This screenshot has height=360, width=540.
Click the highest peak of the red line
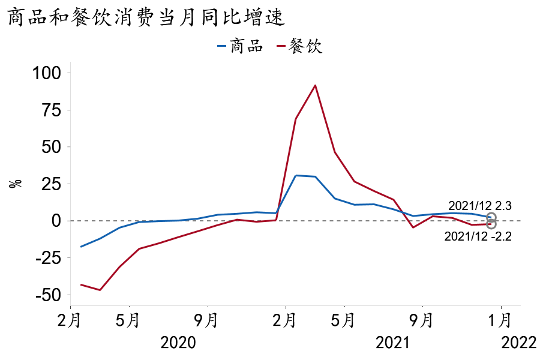click(315, 85)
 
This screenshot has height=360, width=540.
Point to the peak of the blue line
click(295, 176)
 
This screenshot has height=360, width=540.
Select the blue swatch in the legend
click(221, 46)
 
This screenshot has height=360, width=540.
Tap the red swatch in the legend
click(281, 46)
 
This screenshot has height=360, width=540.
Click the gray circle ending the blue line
click(491, 217)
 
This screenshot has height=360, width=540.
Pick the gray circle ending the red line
click(491, 224)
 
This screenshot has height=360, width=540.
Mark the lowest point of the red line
click(100, 290)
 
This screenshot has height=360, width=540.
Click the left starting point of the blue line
click(80, 247)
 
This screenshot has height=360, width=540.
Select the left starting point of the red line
click(80, 284)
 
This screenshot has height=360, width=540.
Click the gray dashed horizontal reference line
click(180, 221)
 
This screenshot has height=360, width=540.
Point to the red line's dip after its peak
click(413, 227)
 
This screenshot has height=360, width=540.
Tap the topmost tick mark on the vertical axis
click(70, 73)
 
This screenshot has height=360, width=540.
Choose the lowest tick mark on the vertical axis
click(70, 295)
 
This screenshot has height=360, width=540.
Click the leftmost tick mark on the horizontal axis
click(129, 307)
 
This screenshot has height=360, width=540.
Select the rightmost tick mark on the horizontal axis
click(501, 307)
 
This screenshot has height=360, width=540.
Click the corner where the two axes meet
click(70, 305)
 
